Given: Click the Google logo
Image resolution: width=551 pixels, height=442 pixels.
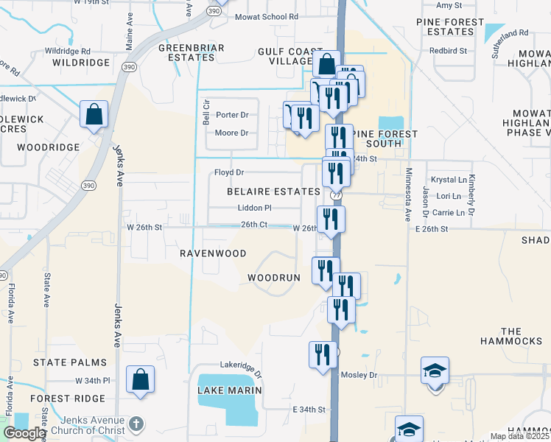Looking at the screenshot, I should (x=24, y=433).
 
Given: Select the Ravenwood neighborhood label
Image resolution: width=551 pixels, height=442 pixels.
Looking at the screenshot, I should (x=213, y=253).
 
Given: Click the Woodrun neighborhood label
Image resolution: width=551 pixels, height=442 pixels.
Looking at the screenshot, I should (x=274, y=278).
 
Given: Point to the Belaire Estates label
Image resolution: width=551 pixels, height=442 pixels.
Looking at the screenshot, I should (x=273, y=192).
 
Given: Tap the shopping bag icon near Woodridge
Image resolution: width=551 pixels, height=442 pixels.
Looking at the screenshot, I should (x=94, y=115).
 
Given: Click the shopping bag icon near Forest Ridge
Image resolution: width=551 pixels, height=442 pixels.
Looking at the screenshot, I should (x=140, y=380).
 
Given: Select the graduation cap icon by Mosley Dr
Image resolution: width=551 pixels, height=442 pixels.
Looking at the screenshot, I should (x=435, y=372).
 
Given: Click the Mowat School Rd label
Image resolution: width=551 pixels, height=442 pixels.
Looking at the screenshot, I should (x=267, y=16).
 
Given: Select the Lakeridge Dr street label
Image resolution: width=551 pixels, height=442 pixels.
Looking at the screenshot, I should (x=241, y=365).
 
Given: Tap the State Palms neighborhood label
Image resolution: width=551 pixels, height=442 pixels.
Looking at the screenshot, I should (x=70, y=363).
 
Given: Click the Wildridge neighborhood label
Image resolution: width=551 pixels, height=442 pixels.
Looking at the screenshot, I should (x=81, y=63).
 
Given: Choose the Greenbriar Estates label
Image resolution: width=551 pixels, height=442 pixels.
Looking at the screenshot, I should (x=186, y=52).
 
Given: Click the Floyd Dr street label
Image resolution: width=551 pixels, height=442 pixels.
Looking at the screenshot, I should (x=228, y=172).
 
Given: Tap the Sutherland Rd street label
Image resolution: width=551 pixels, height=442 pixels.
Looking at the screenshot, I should (x=511, y=33).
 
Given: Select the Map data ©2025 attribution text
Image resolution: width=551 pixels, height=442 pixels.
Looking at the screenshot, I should (x=519, y=436).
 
